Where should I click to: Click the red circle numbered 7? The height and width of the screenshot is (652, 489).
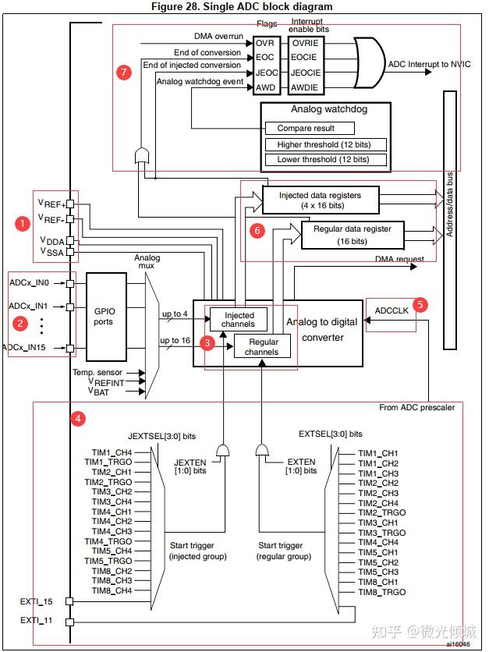coord(124,73)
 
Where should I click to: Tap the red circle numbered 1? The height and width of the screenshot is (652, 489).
coord(23,224)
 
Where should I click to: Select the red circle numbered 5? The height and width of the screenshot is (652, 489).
coord(420,305)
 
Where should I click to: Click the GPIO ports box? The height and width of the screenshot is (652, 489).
coord(106,317)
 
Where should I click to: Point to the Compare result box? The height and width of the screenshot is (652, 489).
coord(310,128)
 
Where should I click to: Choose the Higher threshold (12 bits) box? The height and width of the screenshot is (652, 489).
coord(325,145)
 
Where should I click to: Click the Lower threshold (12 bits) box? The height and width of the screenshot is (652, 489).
coord(325,160)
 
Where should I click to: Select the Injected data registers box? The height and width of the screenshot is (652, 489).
coord(321,200)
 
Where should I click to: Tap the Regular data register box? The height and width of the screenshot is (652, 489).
coord(353,235)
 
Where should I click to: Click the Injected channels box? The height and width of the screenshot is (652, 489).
coord(239,319)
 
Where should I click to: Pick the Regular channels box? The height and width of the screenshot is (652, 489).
coord(262,346)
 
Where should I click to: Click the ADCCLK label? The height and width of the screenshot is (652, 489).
coord(392,310)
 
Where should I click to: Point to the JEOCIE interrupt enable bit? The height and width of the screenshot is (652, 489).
coord(306,73)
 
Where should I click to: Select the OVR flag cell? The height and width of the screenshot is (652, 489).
coord(265,43)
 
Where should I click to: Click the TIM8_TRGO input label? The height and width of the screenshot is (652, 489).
coord(381,592)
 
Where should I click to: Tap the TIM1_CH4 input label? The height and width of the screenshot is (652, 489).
coord(112,452)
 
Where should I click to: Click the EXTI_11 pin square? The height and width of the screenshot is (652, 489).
coord(69,622)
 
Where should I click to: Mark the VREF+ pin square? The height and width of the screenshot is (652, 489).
coord(70,204)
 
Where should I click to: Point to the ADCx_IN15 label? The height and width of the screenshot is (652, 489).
coord(26,347)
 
